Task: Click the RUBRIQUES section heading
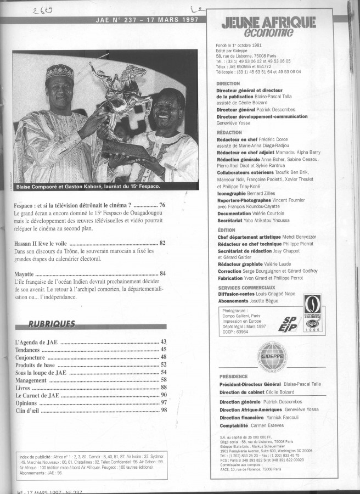[x=53, y=324]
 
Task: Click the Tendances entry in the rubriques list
[x=29, y=349]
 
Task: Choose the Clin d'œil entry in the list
[x=29, y=409]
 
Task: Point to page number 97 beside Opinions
[x=163, y=402]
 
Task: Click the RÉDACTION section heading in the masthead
[x=229, y=132]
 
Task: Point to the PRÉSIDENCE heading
[x=233, y=377]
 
